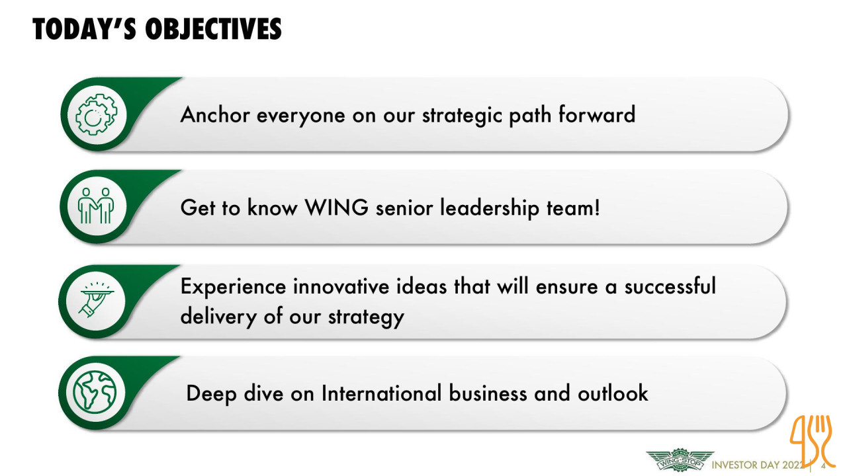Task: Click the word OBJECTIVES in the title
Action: click(x=214, y=29)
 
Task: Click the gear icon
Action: click(x=96, y=114)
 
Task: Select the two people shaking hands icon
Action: click(x=96, y=206)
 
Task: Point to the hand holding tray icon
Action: click(x=97, y=299)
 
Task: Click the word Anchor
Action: click(x=215, y=114)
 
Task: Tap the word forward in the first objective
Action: click(x=597, y=114)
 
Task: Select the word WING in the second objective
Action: click(x=337, y=208)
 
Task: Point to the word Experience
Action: click(x=233, y=287)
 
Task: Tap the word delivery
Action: click(x=218, y=317)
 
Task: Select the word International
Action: click(x=382, y=393)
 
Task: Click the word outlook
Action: click(x=613, y=393)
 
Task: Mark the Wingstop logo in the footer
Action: click(x=680, y=459)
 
